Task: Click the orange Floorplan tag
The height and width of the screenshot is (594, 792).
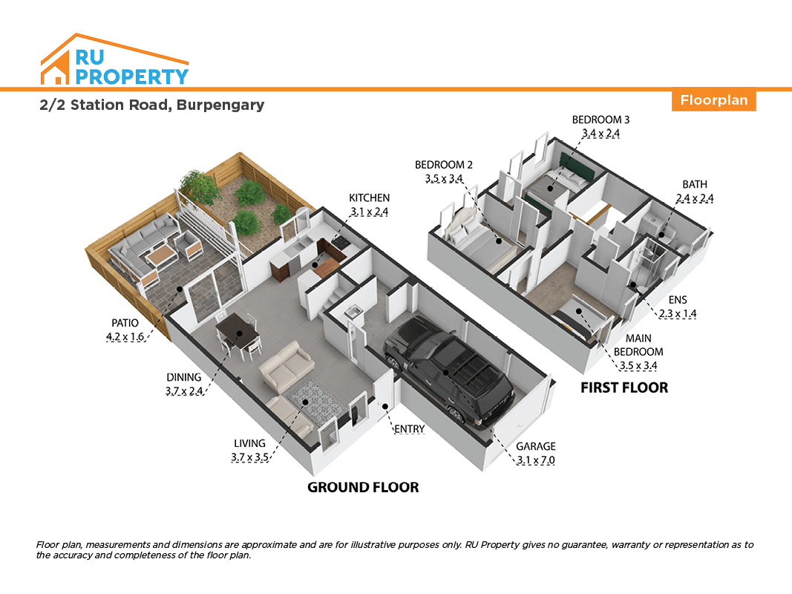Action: pyautogui.click(x=713, y=100)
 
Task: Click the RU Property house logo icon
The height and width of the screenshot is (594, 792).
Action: pyautogui.click(x=114, y=59)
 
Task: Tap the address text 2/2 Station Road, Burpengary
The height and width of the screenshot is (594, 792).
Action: pyautogui.click(x=152, y=105)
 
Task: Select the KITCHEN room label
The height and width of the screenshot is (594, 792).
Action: pyautogui.click(x=369, y=198)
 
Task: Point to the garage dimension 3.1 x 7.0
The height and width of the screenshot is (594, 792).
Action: pyautogui.click(x=535, y=460)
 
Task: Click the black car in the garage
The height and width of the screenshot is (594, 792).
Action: pyautogui.click(x=448, y=370)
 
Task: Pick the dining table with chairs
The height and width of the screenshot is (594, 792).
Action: pyautogui.click(x=238, y=335)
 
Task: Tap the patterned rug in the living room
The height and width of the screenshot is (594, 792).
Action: pyautogui.click(x=317, y=402)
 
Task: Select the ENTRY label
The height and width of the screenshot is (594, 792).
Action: pyautogui.click(x=409, y=429)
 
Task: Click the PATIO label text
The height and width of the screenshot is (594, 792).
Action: pyautogui.click(x=125, y=323)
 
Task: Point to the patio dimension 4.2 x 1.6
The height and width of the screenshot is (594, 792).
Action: pyautogui.click(x=125, y=337)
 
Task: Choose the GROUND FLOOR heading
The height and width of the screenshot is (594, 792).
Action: pyautogui.click(x=363, y=487)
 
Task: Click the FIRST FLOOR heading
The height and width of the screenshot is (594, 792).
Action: pyautogui.click(x=624, y=388)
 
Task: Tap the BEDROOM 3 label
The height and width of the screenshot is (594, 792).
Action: pyautogui.click(x=600, y=120)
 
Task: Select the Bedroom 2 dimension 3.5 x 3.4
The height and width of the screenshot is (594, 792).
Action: pyautogui.click(x=444, y=179)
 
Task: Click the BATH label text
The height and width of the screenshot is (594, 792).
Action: pyautogui.click(x=695, y=185)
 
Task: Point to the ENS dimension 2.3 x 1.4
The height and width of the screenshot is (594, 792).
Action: pyautogui.click(x=678, y=313)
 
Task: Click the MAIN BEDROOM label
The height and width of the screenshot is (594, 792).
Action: pyautogui.click(x=638, y=345)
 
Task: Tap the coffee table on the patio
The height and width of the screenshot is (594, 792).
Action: pyautogui.click(x=162, y=255)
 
